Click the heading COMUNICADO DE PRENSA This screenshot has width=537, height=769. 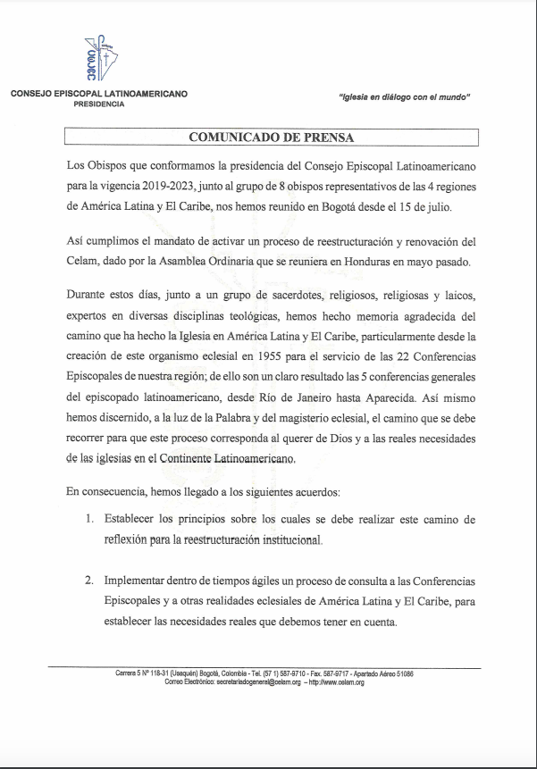pyautogui.click(x=272, y=137)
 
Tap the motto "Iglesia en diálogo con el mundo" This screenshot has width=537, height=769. pyautogui.click(x=404, y=96)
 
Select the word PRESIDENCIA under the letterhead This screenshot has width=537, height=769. pyautogui.click(x=99, y=104)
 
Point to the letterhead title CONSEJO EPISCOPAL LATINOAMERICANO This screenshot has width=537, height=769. pyautogui.click(x=99, y=94)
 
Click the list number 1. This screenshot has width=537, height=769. pyautogui.click(x=89, y=520)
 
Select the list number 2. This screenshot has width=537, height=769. pyautogui.click(x=89, y=580)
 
